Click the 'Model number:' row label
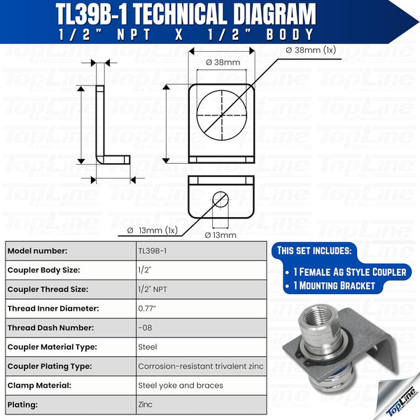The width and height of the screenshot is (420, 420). click(37, 251)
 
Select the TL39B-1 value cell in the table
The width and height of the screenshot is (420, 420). click(152, 251)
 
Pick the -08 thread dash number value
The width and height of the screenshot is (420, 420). click(145, 328)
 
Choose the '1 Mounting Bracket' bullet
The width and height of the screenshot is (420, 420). click(335, 286)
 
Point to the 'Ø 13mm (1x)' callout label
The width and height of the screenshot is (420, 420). click(153, 230)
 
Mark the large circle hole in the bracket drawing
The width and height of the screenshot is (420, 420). click(222, 112)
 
